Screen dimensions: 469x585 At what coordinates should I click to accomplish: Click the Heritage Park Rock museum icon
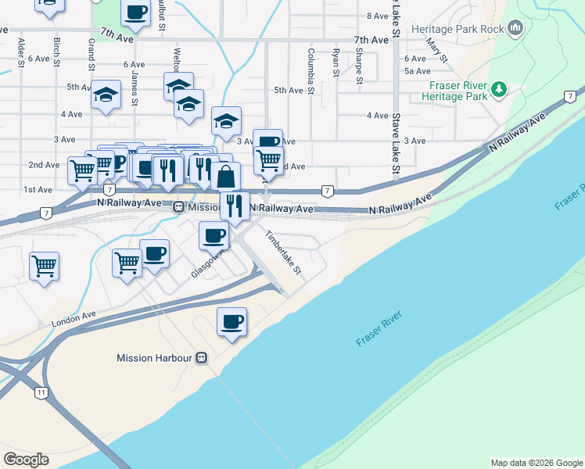[515, 29]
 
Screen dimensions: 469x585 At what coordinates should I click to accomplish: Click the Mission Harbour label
[154, 358]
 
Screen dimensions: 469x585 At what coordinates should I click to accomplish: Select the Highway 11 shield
[40, 392]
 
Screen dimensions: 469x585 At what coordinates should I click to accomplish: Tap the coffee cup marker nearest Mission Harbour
[231, 321]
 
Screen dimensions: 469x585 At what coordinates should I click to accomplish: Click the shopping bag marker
[226, 176]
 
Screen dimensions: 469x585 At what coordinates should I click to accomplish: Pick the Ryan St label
[336, 62]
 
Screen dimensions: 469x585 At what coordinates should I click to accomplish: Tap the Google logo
[26, 460]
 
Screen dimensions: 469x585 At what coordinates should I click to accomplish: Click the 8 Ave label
[377, 16]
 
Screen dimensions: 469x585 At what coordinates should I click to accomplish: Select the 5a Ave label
[415, 70]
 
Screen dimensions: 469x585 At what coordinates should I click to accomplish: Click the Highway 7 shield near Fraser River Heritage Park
[569, 95]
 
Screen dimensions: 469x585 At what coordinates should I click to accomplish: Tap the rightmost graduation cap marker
[226, 121]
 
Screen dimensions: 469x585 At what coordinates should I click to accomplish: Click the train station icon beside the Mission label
[178, 208]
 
